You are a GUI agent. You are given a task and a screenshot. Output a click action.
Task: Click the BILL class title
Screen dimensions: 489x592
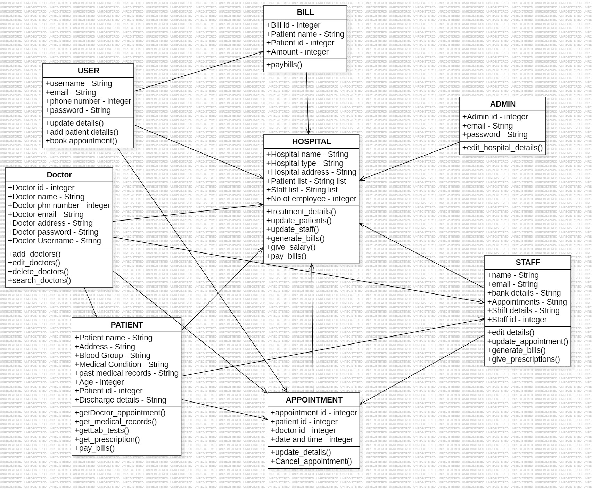pyautogui.click(x=305, y=13)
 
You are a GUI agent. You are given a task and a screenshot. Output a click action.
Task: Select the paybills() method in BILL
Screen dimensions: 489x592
pyautogui.click(x=284, y=65)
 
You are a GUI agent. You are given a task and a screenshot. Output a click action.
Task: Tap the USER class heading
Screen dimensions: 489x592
pyautogui.click(x=88, y=71)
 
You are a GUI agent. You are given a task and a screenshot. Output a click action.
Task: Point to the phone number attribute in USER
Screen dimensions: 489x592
pyautogui.click(x=88, y=101)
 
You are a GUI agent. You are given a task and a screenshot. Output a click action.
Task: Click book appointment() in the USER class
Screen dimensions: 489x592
pyautogui.click(x=81, y=141)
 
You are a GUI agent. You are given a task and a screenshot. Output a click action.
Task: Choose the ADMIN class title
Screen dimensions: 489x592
pyautogui.click(x=502, y=104)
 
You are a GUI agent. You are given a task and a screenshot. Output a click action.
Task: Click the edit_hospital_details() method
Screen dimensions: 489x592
pyautogui.click(x=502, y=148)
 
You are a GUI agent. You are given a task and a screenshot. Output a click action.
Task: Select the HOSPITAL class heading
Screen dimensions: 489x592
pyautogui.click(x=311, y=142)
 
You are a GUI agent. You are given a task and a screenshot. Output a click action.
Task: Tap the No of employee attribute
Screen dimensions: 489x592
pyautogui.click(x=311, y=199)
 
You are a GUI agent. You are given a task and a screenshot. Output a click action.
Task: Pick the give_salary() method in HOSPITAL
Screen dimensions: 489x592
pyautogui.click(x=291, y=247)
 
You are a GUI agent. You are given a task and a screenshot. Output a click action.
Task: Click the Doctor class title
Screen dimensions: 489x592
pyautogui.click(x=59, y=175)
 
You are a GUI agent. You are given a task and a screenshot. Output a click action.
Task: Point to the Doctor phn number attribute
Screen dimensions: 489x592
pyautogui.click(x=59, y=206)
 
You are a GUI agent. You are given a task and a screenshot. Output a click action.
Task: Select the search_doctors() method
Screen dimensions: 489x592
pyautogui.click(x=39, y=281)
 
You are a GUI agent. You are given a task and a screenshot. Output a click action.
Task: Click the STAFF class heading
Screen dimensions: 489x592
pyautogui.click(x=528, y=263)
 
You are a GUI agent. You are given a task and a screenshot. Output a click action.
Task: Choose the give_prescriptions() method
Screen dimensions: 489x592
pyautogui.click(x=524, y=359)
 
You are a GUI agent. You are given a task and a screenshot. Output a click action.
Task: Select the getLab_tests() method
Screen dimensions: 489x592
pyautogui.click(x=102, y=431)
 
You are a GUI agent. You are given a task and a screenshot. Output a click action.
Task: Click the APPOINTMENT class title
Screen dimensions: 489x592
pyautogui.click(x=314, y=400)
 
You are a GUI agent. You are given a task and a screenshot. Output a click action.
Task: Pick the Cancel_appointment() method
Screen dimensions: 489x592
pyautogui.click(x=311, y=462)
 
